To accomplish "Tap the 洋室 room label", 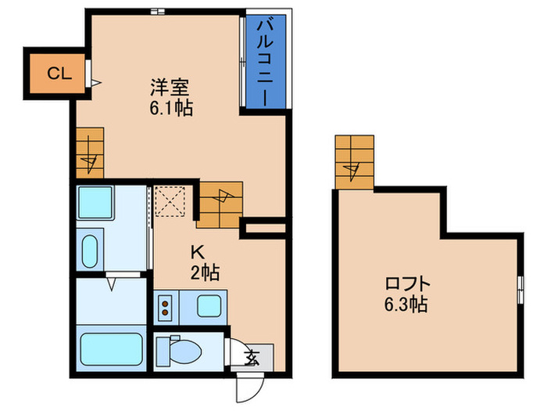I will pyautogui.click(x=170, y=87).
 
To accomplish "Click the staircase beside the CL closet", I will pyautogui.click(x=90, y=154).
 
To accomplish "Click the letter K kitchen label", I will pyautogui.click(x=198, y=251).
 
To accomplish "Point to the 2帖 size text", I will pyautogui.click(x=206, y=272).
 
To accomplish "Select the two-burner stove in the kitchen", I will pyautogui.click(x=166, y=308).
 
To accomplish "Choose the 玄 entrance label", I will pyautogui.click(x=252, y=359).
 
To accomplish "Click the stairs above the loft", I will pyautogui.click(x=354, y=162).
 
